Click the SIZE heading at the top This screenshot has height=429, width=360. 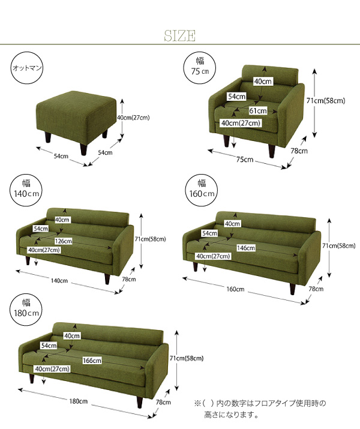point(180,36)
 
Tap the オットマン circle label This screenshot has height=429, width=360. point(27,68)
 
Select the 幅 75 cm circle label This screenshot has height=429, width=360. point(200,67)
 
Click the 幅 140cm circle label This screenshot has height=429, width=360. point(26,190)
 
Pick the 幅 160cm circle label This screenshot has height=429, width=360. point(202,190)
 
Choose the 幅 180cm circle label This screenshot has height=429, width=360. point(26,310)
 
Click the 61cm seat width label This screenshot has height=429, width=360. point(258,111)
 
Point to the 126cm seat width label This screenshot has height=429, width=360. point(63,241)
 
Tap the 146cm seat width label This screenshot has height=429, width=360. point(245,248)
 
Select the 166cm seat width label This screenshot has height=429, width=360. point(92,361)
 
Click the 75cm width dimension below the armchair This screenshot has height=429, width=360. point(245,159)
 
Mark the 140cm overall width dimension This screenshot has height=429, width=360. point(59,281)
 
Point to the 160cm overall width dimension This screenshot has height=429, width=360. point(235,289)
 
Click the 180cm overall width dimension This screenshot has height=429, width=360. point(78,401)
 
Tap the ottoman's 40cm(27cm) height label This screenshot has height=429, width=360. point(133,118)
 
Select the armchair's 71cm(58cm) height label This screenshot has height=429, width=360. point(326,101)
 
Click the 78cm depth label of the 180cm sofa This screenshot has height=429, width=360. point(163,402)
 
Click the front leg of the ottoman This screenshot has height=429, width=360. point(83,149)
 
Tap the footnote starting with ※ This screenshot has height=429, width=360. point(260,409)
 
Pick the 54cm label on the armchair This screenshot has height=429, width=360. point(237,97)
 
